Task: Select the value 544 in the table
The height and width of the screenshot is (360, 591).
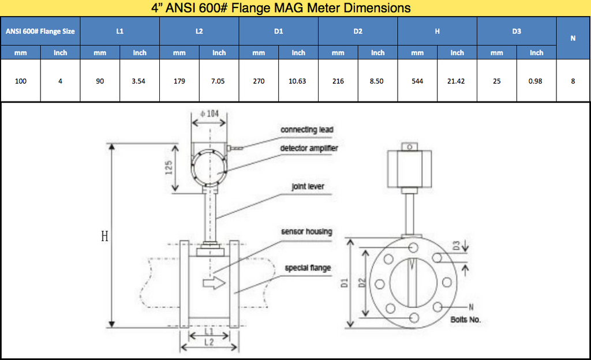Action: [x=417, y=81]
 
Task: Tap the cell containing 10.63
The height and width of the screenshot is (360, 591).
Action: [x=297, y=81]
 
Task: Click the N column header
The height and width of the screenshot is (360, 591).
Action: [x=573, y=38]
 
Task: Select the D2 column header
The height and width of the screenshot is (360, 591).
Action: [x=358, y=31]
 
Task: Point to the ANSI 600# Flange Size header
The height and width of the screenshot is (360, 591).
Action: [x=40, y=31]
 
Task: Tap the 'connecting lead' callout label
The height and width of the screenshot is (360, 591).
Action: [x=307, y=130]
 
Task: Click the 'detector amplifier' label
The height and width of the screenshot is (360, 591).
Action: [x=309, y=148]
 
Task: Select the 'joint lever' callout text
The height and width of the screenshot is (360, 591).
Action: [x=308, y=186]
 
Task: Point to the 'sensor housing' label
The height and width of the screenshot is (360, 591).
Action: [x=306, y=231]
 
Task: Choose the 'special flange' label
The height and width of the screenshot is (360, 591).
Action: [x=308, y=268]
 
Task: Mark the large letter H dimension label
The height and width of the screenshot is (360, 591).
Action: [x=104, y=237]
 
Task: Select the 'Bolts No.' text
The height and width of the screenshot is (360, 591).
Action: [x=465, y=319]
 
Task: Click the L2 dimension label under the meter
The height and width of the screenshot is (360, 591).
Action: [x=209, y=343]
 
